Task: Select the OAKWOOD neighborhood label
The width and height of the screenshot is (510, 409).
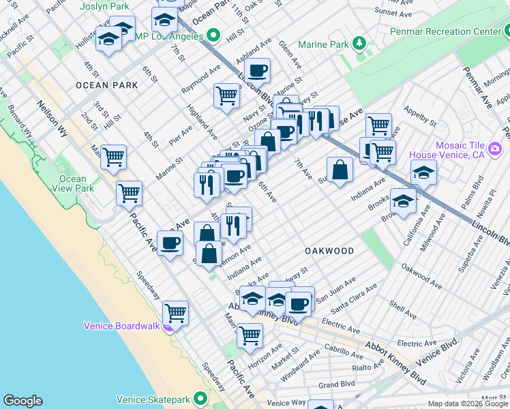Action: (329, 251)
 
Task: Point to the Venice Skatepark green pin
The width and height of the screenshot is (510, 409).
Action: (200, 399)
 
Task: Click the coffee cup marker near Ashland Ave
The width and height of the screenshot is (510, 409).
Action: (258, 70)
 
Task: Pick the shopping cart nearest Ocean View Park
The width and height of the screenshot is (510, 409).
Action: (113, 156)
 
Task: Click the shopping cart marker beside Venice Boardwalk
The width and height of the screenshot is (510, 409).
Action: (176, 313)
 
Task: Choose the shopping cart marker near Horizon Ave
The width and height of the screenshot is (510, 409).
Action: (250, 335)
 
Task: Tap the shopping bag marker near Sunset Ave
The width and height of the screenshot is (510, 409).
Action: (340, 169)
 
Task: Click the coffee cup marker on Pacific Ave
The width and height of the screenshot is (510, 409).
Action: (170, 242)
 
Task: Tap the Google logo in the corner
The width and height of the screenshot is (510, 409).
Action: (22, 401)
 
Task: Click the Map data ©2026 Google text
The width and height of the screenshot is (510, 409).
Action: (467, 404)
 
